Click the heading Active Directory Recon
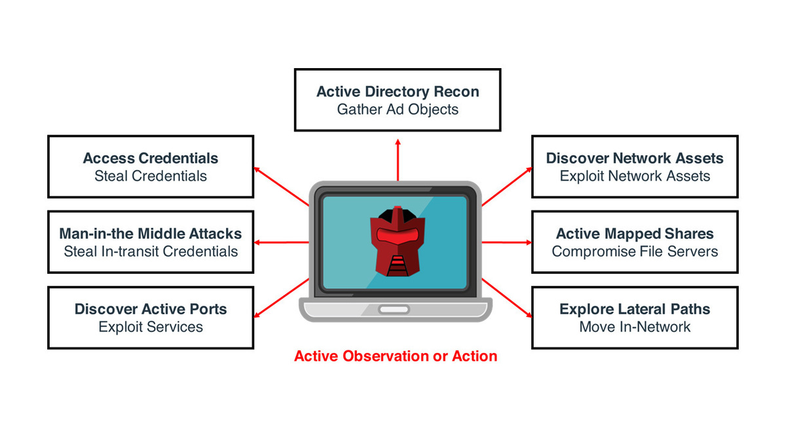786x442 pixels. [398, 92]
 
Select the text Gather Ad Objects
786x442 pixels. [398, 109]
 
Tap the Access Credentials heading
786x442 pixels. [151, 158]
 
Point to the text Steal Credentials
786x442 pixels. [151, 176]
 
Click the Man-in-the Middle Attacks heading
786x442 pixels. [151, 234]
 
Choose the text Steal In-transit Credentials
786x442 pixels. [151, 251]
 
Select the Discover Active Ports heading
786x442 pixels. [151, 309]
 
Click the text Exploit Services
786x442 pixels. [151, 327]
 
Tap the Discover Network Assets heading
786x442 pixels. [635, 158]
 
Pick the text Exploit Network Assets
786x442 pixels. [635, 176]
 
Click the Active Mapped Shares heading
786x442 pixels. [635, 234]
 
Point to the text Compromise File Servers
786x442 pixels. [635, 251]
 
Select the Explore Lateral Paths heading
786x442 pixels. [635, 309]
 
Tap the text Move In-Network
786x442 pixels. [635, 327]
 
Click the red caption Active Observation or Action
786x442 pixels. [396, 356]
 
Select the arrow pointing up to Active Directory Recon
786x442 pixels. [398, 157]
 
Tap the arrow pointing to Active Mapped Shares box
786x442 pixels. [508, 242]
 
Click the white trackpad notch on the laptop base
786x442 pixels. [394, 309]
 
